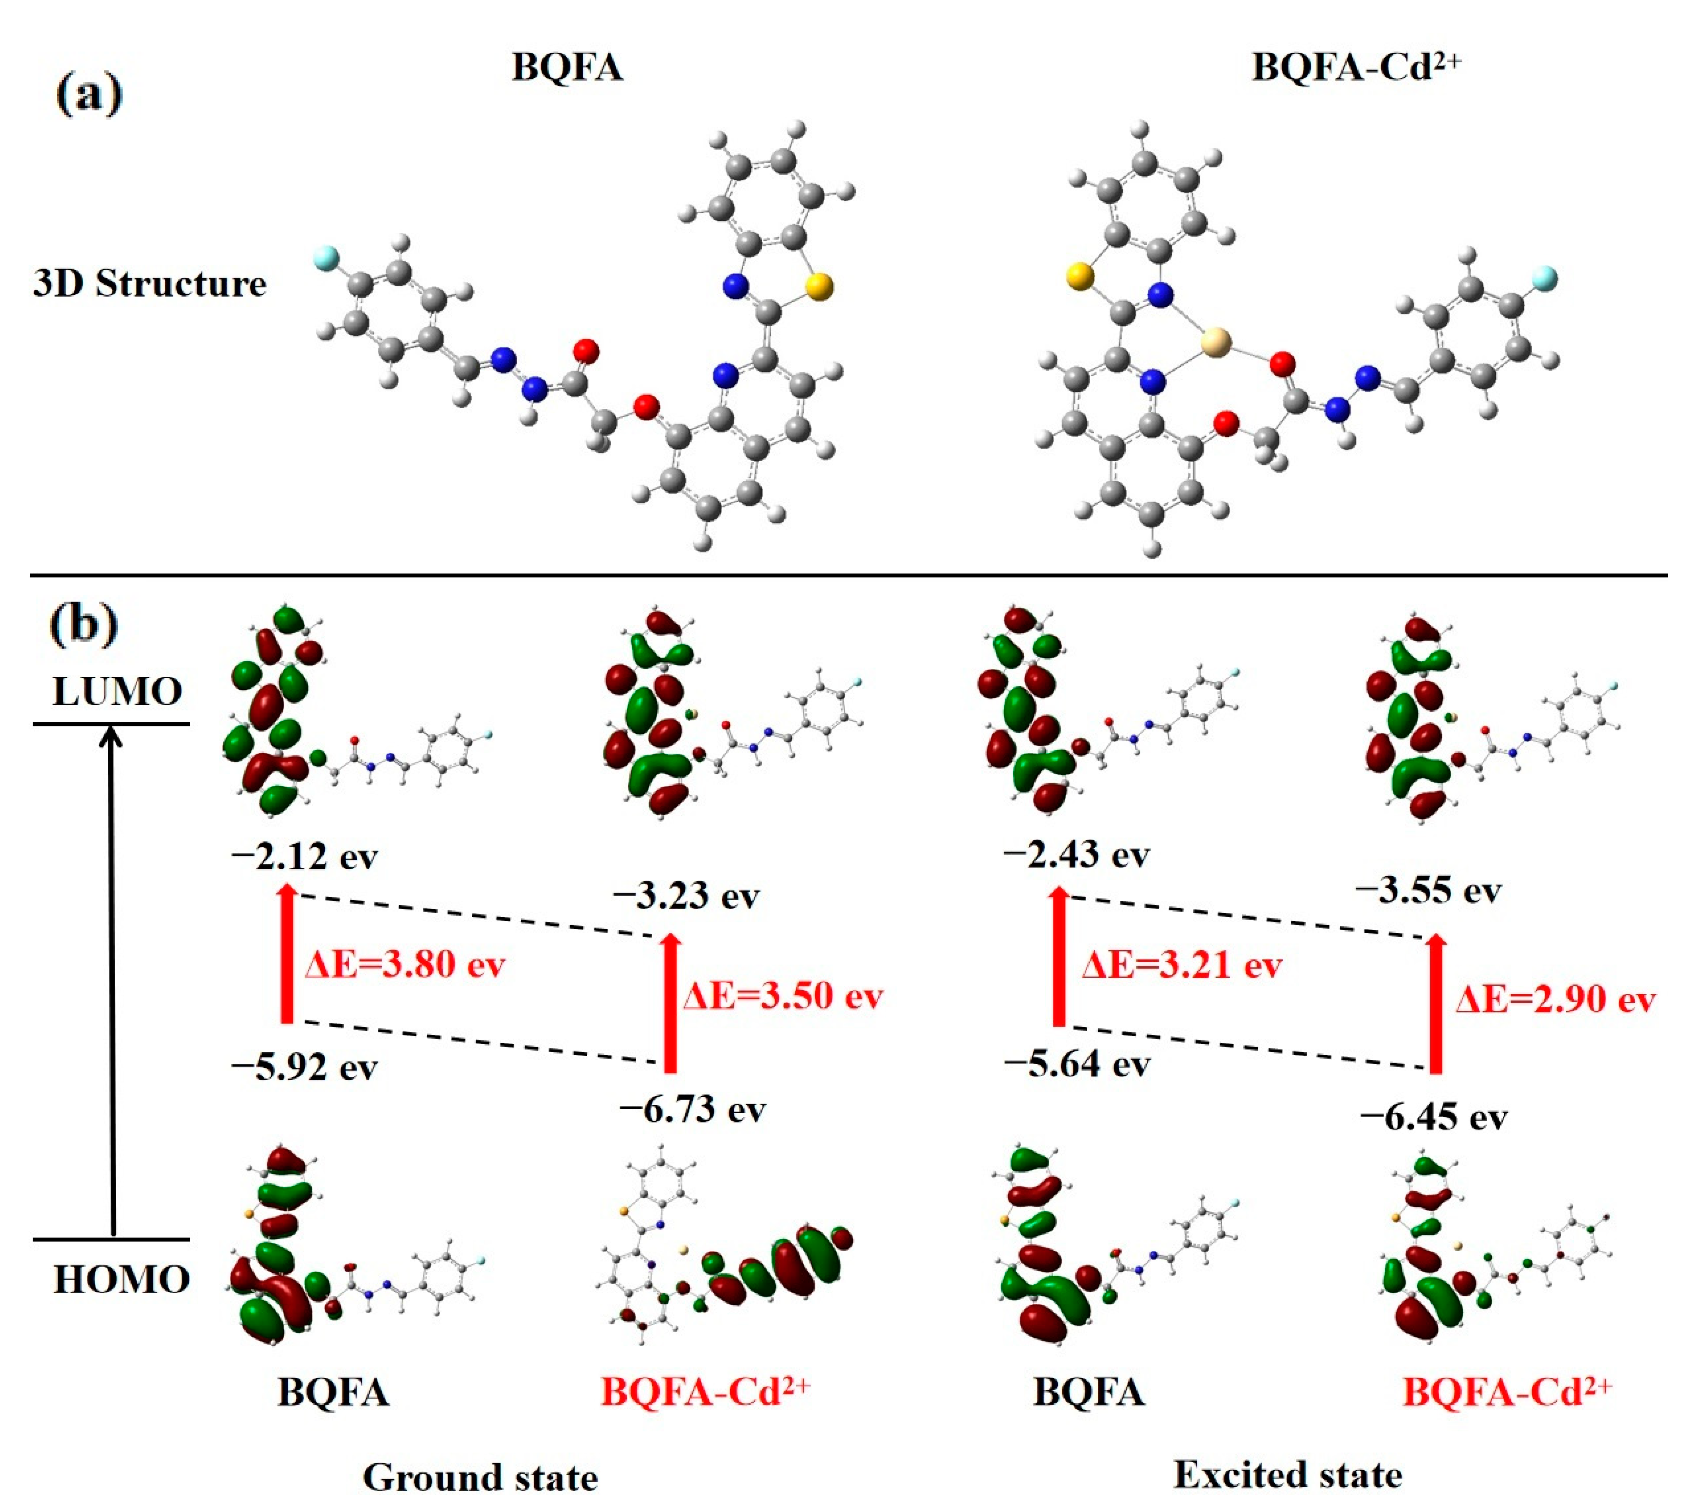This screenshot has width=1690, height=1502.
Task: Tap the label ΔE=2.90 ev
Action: click(x=1555, y=1000)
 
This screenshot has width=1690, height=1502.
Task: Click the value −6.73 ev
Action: click(x=693, y=1109)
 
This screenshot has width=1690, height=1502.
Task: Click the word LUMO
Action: click(x=117, y=691)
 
